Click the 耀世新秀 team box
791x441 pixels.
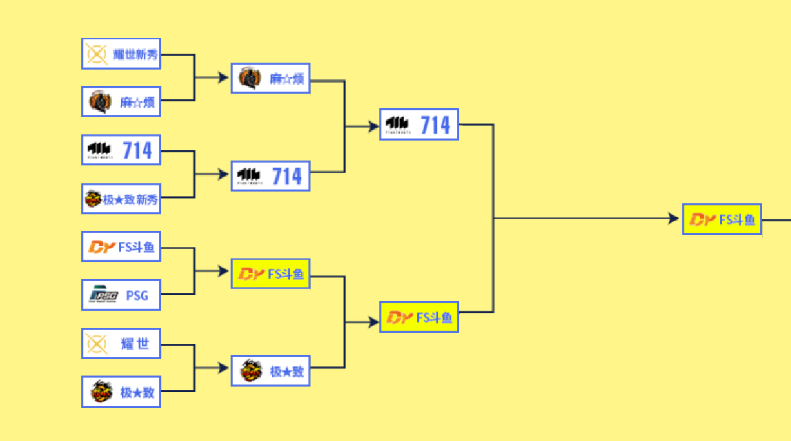click(121, 54)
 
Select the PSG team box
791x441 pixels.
click(121, 295)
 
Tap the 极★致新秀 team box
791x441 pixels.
click(121, 199)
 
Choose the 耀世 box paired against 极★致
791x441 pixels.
click(121, 343)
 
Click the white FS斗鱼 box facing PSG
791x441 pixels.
click(121, 247)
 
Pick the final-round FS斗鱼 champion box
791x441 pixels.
click(721, 219)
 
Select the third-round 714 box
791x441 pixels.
click(419, 125)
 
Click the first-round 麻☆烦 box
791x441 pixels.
click(121, 102)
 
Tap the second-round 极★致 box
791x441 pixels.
click(271, 371)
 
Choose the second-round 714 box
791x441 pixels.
click(271, 176)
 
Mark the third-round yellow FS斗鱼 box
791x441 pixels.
click(419, 317)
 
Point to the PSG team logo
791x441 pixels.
click(104, 296)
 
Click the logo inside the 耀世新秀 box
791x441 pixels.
click(97, 54)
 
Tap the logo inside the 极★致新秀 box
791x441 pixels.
click(93, 200)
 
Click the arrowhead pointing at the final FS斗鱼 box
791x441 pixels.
click(673, 219)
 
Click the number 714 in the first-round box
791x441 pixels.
click(138, 150)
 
